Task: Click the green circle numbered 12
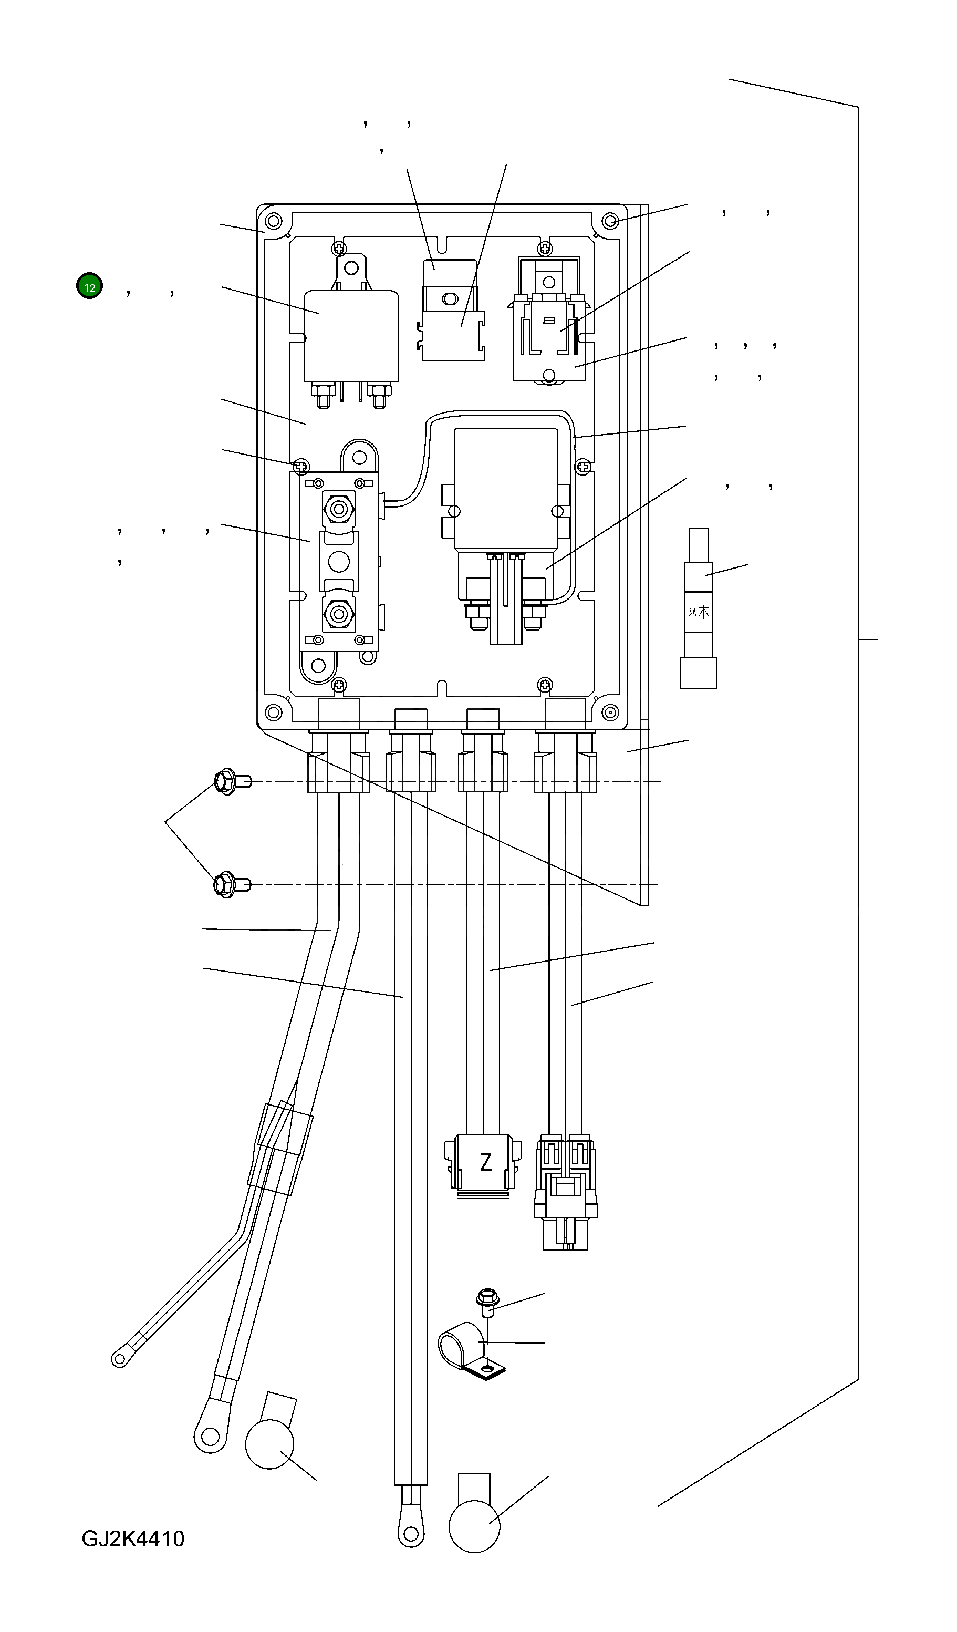(89, 286)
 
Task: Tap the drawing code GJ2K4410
(133, 1538)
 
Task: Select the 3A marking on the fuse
(692, 612)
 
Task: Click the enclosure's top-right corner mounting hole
(610, 222)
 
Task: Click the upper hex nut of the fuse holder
(338, 509)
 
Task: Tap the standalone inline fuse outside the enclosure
(698, 609)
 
